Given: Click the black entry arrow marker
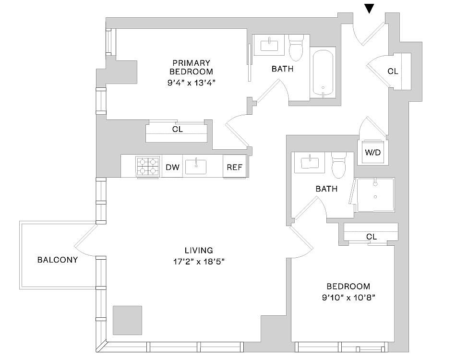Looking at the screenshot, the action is tap(369, 9).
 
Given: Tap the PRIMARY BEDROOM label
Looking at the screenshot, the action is tap(192, 67).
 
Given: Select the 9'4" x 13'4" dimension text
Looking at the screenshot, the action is tap(192, 83).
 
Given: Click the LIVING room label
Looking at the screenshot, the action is tap(199, 250).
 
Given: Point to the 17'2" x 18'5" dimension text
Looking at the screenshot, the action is tap(199, 262).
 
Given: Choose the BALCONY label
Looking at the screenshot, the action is tap(58, 260).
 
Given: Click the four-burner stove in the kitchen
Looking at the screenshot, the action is tap(148, 167).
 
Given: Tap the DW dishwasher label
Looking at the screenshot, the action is tap(172, 167).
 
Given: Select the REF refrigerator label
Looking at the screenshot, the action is tap(235, 167).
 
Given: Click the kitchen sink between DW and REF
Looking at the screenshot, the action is tap(196, 167).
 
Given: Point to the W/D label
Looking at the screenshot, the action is tap(372, 152).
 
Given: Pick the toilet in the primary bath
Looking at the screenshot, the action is tap(296, 48).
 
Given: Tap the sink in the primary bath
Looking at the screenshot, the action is tap(269, 45).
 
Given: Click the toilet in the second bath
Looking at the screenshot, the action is tap(338, 165).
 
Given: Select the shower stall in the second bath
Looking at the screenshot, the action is tap(375, 194).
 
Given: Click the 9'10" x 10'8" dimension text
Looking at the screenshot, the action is tap(348, 298).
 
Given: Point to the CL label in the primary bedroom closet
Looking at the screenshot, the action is tap(178, 129).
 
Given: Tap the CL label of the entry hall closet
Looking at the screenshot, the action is tap(393, 71).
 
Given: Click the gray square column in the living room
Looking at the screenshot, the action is tap(127, 320).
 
